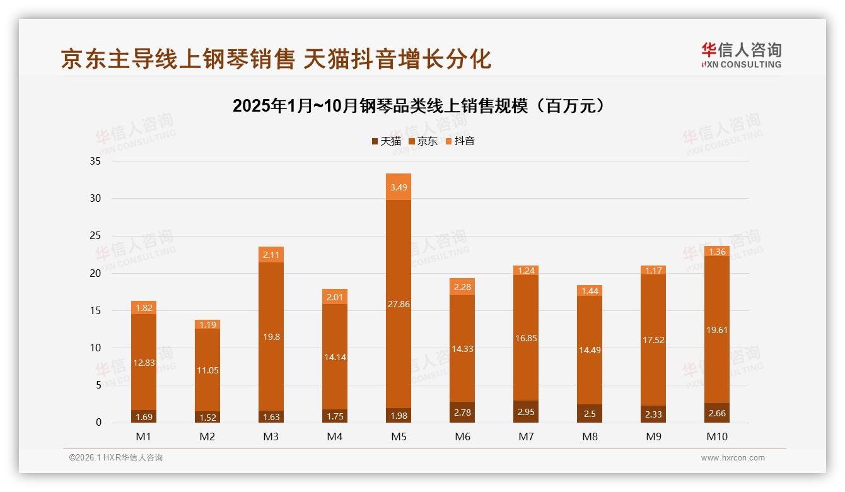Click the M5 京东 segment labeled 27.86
click(x=399, y=303)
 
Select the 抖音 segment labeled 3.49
click(x=399, y=187)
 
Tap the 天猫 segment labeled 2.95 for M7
click(x=526, y=412)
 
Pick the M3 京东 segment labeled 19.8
click(x=271, y=336)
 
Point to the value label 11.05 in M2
click(x=207, y=370)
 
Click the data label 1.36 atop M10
click(x=717, y=252)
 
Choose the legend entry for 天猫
click(x=386, y=141)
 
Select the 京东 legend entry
click(x=423, y=141)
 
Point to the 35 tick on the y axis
click(x=95, y=161)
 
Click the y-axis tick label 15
click(x=95, y=310)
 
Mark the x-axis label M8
click(x=590, y=436)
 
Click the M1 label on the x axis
click(x=144, y=436)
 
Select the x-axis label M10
click(x=717, y=436)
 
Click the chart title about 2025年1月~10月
click(x=419, y=105)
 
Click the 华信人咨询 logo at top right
click(x=741, y=55)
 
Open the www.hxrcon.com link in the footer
click(x=733, y=458)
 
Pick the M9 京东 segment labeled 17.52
click(x=653, y=340)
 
